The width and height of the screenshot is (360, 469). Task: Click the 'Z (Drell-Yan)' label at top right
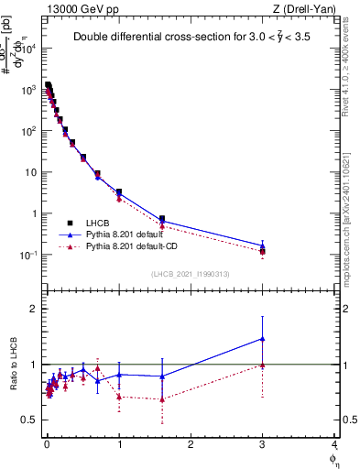307,8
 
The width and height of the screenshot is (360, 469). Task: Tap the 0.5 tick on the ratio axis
29,420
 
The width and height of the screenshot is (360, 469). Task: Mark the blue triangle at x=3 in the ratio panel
262,339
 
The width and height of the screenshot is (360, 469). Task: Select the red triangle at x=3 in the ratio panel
262,365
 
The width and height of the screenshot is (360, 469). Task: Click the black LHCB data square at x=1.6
162,219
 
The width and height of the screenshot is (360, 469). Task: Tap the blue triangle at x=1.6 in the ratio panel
162,376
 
